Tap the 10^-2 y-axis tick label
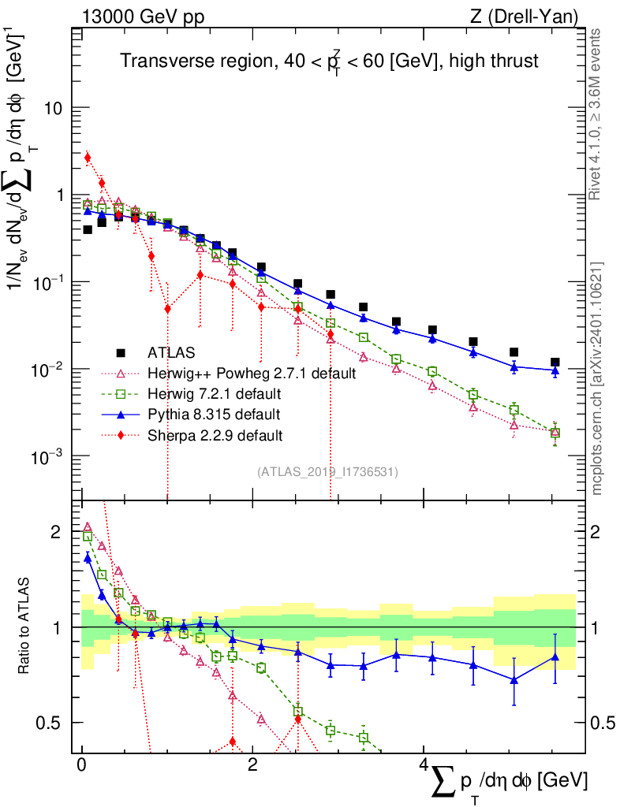click(x=53, y=369)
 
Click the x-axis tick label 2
click(x=252, y=766)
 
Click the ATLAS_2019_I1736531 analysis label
click(x=327, y=472)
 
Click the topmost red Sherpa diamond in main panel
click(x=88, y=158)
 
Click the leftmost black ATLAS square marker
click(x=88, y=230)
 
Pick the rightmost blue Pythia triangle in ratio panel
click(x=555, y=656)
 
